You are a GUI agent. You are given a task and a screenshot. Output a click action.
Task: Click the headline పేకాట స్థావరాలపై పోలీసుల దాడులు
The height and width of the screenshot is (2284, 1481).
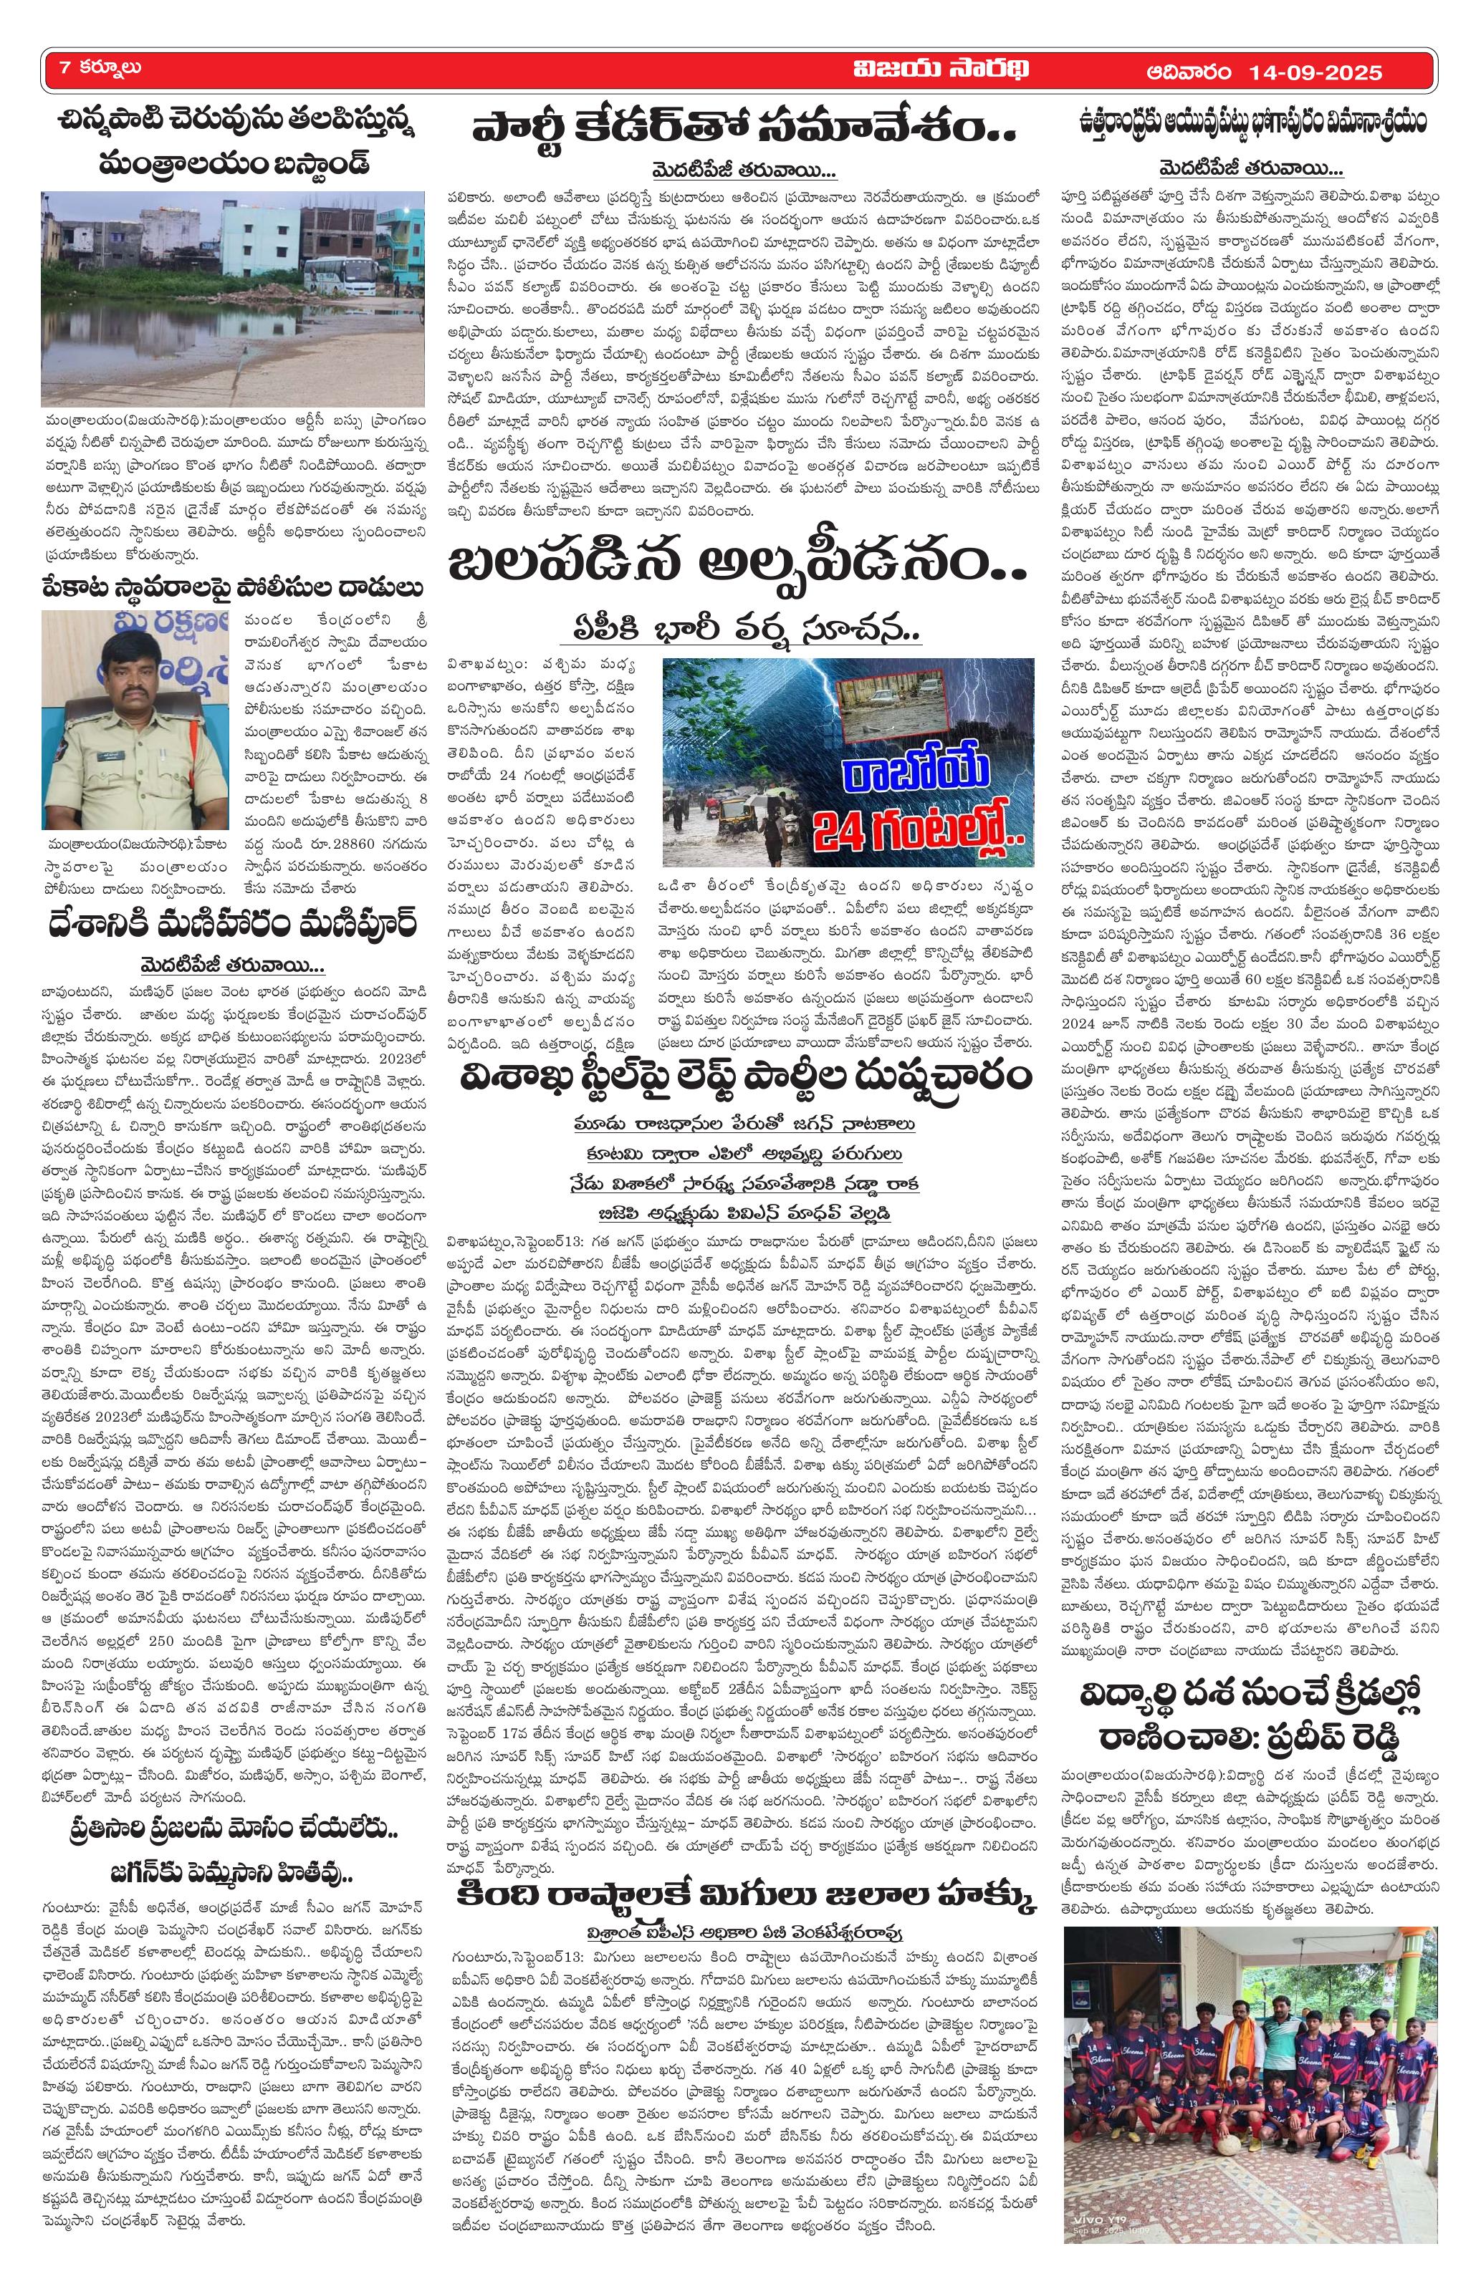click(x=231, y=587)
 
